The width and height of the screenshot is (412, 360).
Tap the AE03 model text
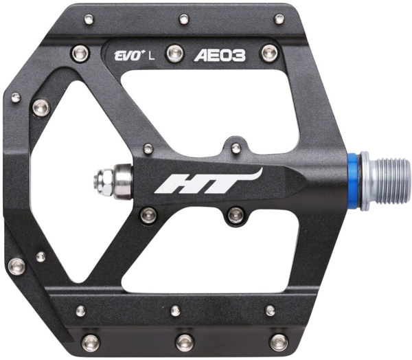pyautogui.click(x=220, y=56)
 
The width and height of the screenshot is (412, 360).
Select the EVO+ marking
pyautogui.click(x=127, y=56)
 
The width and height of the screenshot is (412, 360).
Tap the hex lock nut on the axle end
pyautogui.click(x=103, y=181)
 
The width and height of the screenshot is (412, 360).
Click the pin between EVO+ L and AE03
pyautogui.click(x=175, y=54)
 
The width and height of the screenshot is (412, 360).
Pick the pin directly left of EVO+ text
pyautogui.click(x=80, y=53)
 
